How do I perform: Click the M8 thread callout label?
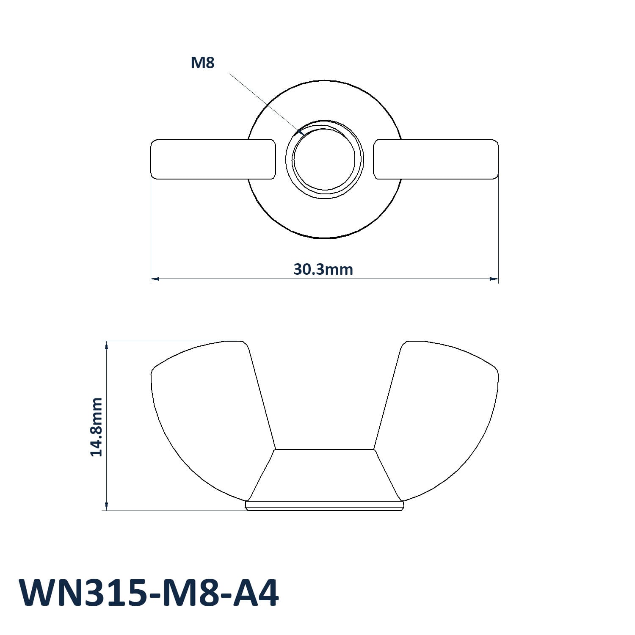(x=203, y=63)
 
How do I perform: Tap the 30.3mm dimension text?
(x=323, y=269)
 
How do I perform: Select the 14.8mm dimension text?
(x=97, y=427)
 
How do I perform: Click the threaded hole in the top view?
(x=324, y=159)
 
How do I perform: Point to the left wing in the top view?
(x=213, y=159)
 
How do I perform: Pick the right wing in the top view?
(x=436, y=159)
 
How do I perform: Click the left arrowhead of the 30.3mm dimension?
(x=155, y=279)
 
